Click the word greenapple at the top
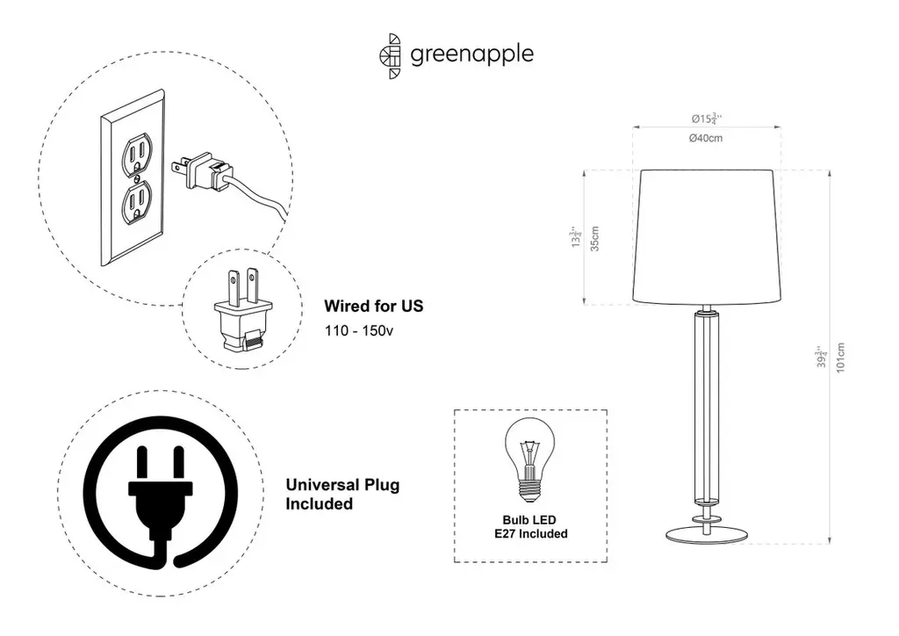click(471, 54)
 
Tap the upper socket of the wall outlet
click(135, 152)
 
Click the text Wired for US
click(373, 307)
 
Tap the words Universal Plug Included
click(342, 495)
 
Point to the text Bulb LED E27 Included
click(530, 527)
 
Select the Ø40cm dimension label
click(706, 139)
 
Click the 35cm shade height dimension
click(594, 239)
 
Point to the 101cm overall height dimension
click(841, 358)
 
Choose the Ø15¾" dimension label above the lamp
click(706, 118)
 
